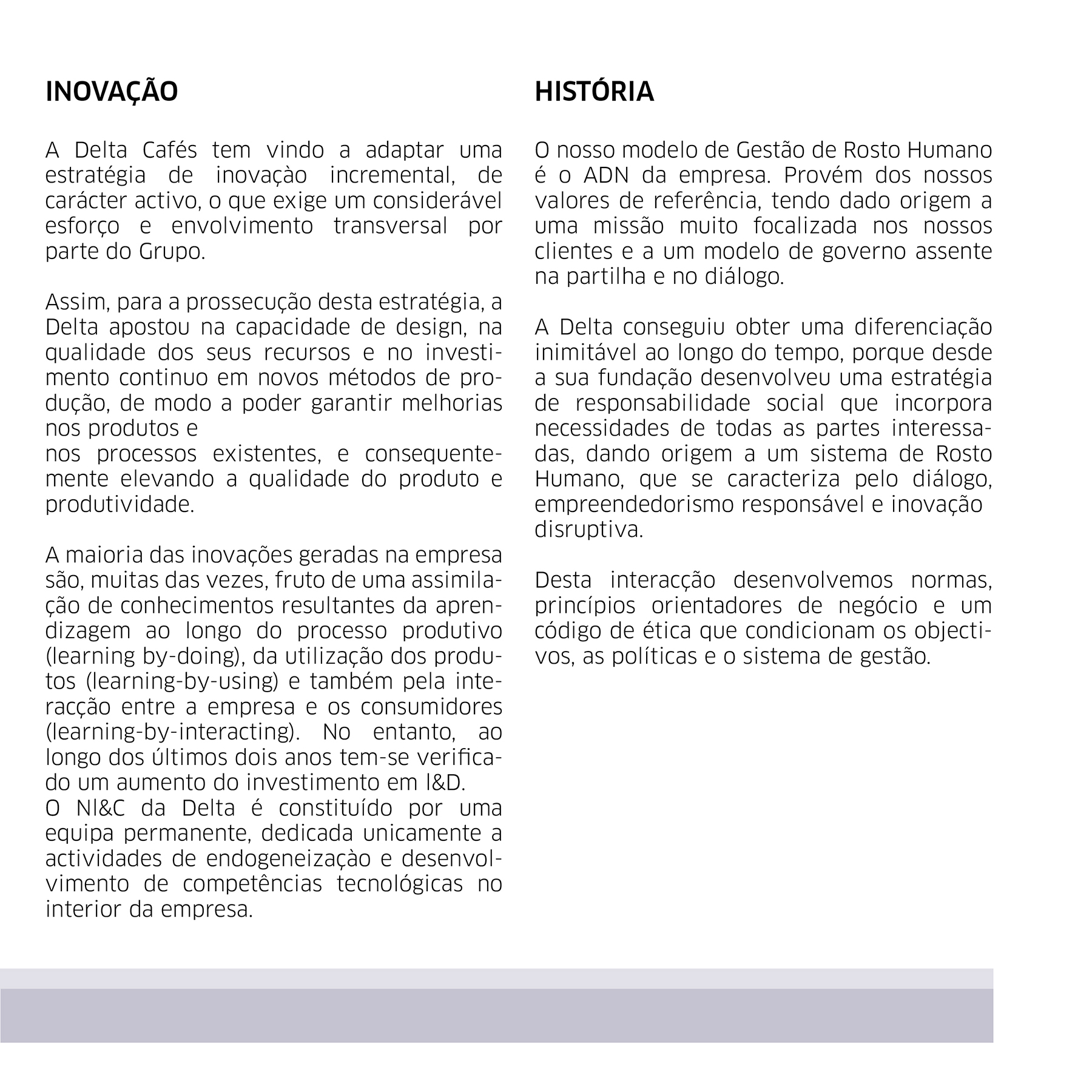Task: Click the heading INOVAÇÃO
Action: pyautogui.click(x=112, y=92)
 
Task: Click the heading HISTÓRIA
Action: pyautogui.click(x=594, y=92)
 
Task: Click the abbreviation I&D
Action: pyautogui.click(x=446, y=783)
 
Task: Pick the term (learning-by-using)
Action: pyautogui.click(x=182, y=681)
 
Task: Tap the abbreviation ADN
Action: pyautogui.click(x=607, y=175)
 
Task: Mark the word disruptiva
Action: pyautogui.click(x=588, y=530)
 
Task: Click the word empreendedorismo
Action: pyautogui.click(x=634, y=504)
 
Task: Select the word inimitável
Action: pyautogui.click(x=585, y=352)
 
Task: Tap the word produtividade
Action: pyautogui.click(x=120, y=504)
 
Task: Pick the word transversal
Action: pyautogui.click(x=390, y=226)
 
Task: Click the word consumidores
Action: pyautogui.click(x=431, y=707)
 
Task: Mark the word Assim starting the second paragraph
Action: pyautogui.click(x=75, y=302)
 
